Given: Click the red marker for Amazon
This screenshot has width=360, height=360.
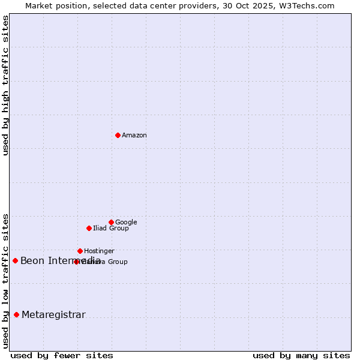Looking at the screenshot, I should point(118,135).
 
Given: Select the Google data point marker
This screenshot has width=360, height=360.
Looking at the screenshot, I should point(111,222).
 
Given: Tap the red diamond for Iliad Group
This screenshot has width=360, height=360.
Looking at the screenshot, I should point(89,228).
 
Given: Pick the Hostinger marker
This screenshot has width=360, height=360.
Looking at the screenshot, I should point(80,251).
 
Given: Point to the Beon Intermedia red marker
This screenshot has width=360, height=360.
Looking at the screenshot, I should point(15,260).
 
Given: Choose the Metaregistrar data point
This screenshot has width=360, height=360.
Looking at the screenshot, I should point(16,314).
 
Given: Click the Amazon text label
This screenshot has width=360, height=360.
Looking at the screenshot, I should point(134,136).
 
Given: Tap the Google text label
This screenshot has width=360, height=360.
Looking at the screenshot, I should point(126,223).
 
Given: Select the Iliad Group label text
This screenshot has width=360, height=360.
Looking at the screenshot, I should point(111,229).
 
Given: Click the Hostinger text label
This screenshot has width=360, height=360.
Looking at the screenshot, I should point(99,251).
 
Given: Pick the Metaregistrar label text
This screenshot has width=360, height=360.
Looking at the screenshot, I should point(53,315).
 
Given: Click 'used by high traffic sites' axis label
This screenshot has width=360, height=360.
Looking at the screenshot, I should point(6,85).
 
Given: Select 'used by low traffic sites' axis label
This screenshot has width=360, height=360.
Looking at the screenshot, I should point(6,280).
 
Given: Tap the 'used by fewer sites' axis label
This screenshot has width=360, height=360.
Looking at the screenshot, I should point(62,355).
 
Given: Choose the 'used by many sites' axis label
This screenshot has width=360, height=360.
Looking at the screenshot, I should point(301,355).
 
